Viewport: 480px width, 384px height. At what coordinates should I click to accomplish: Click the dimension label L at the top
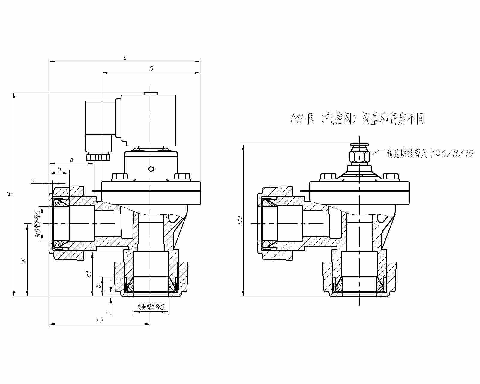(x=125, y=57)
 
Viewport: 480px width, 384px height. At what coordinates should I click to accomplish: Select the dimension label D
(x=151, y=69)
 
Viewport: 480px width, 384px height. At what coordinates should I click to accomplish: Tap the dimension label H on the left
(x=10, y=194)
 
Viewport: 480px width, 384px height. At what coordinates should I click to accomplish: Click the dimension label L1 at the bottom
(x=100, y=320)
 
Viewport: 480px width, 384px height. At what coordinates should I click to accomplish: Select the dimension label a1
(x=88, y=274)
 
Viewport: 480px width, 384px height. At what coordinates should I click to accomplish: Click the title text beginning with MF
(x=357, y=119)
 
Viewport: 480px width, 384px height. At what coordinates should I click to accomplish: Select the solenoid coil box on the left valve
(x=148, y=119)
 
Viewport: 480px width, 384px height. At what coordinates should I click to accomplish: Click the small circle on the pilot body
(x=151, y=169)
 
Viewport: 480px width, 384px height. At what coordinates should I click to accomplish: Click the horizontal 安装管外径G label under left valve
(x=151, y=307)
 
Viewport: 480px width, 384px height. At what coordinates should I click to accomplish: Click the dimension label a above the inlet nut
(x=71, y=160)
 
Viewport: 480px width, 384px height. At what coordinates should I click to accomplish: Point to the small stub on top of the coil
(x=151, y=93)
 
